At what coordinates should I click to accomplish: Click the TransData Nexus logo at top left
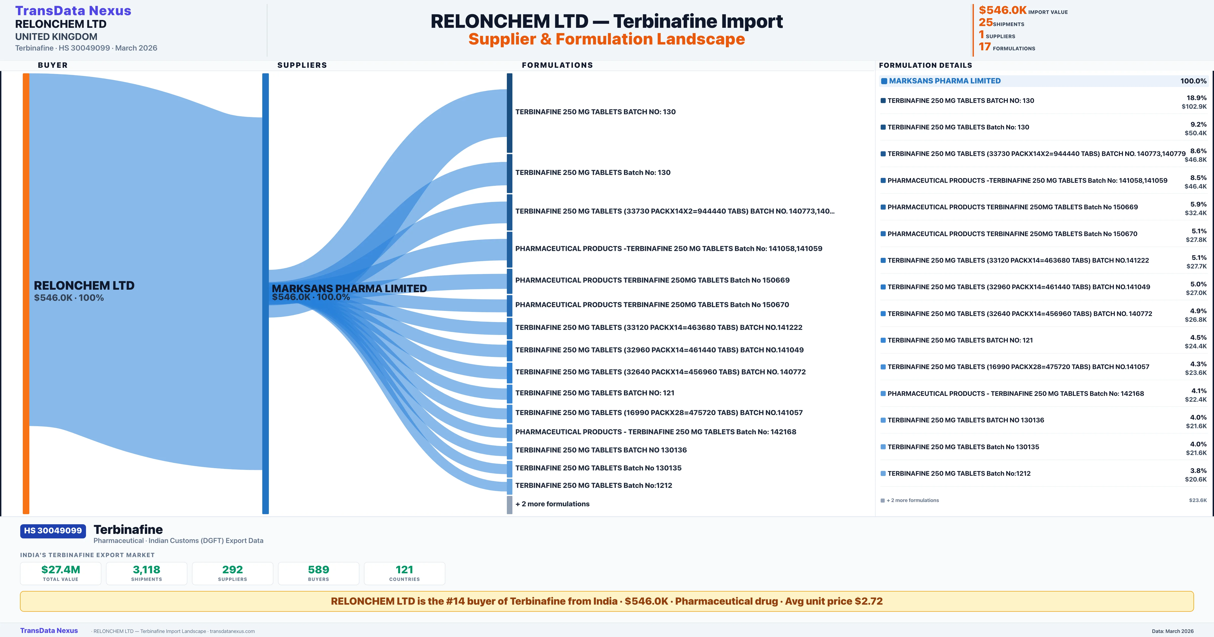point(73,11)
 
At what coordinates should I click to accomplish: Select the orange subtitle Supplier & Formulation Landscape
point(606,39)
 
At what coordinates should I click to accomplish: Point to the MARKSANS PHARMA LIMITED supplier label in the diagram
point(349,288)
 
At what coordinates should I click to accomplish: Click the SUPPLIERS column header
point(302,65)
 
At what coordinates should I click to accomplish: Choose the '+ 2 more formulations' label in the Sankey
point(552,504)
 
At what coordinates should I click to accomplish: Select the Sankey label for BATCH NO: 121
point(595,393)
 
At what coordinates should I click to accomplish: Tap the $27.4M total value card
point(61,573)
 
